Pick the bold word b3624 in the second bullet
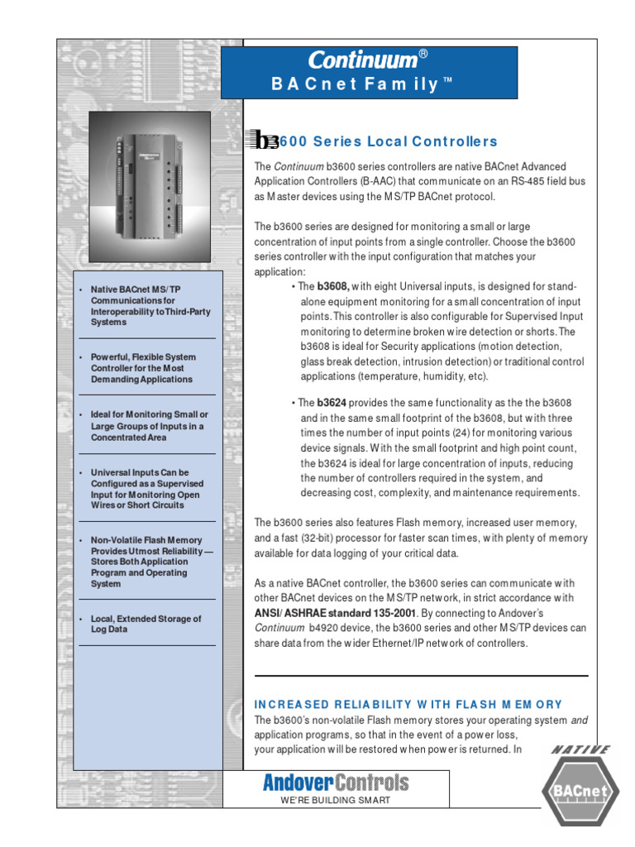[x=332, y=403]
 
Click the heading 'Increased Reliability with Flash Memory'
[x=408, y=704]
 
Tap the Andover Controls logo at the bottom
[x=336, y=782]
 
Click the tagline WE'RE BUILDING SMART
[x=336, y=801]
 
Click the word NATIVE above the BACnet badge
[x=580, y=749]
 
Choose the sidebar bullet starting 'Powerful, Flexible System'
[x=141, y=368]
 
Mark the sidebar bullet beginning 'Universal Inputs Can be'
[x=146, y=488]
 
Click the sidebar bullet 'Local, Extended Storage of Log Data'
[x=145, y=624]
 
